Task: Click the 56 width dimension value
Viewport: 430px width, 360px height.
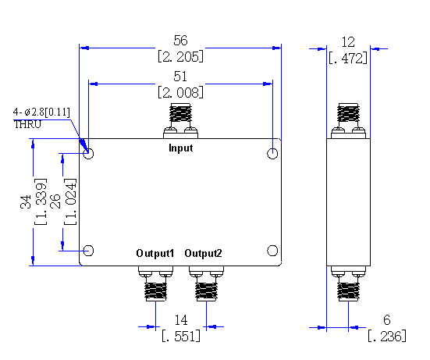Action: pyautogui.click(x=180, y=41)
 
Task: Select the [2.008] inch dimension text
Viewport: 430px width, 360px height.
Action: pyautogui.click(x=181, y=92)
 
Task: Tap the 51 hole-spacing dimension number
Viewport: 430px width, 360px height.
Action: pyautogui.click(x=180, y=77)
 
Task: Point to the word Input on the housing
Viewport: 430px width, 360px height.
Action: pyautogui.click(x=181, y=148)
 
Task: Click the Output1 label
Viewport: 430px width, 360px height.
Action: pyautogui.click(x=155, y=253)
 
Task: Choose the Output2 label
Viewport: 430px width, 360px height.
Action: pyautogui.click(x=203, y=253)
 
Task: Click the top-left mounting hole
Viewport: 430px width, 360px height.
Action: pyautogui.click(x=88, y=153)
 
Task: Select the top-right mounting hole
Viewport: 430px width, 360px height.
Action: pyautogui.click(x=272, y=153)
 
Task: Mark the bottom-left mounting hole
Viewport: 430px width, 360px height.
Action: pyautogui.click(x=88, y=251)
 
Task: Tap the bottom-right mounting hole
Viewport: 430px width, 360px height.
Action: pyautogui.click(x=272, y=251)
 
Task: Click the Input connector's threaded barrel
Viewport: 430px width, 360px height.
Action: pyautogui.click(x=180, y=112)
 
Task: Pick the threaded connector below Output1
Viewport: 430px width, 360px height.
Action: pyautogui.click(x=155, y=291)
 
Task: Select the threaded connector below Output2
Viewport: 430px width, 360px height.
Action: pyautogui.click(x=206, y=291)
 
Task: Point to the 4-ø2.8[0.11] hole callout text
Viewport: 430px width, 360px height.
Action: pyautogui.click(x=41, y=112)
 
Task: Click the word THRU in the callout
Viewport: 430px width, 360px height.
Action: pyautogui.click(x=27, y=124)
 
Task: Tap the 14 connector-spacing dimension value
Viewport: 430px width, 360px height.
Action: pyautogui.click(x=181, y=320)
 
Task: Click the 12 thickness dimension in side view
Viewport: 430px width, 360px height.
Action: pyautogui.click(x=348, y=42)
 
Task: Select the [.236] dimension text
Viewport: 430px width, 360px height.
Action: pyautogui.click(x=387, y=336)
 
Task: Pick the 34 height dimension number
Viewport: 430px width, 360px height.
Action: pyautogui.click(x=26, y=202)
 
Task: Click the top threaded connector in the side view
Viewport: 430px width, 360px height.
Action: pyautogui.click(x=348, y=112)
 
